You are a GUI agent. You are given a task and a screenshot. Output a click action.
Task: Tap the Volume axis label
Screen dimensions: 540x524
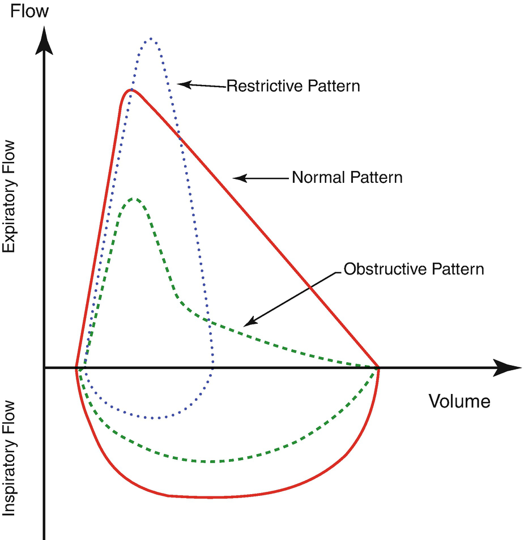coord(459,401)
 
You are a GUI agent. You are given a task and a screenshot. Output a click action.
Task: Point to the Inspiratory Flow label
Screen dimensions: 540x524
coord(10,458)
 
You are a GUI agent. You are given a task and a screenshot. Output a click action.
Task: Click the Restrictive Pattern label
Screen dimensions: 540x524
coord(293,87)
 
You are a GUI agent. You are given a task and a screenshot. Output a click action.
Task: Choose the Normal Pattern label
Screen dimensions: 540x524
coord(347,177)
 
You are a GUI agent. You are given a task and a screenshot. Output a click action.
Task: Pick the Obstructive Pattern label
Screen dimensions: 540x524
coord(414,268)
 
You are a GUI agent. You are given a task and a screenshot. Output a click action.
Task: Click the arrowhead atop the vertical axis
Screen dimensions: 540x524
coord(45,40)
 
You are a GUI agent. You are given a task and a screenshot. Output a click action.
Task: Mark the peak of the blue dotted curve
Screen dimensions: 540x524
coord(151,38)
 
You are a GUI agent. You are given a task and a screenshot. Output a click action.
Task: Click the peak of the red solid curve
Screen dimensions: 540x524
coord(131,89)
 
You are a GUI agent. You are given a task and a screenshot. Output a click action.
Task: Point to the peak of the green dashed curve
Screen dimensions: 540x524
coord(134,198)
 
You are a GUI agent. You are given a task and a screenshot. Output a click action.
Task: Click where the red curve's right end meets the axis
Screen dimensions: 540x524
coord(378,368)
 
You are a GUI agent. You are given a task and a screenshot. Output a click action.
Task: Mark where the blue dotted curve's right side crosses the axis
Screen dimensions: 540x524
coord(213,368)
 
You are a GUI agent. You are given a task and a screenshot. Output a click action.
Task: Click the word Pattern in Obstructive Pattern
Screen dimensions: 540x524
coord(458,268)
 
